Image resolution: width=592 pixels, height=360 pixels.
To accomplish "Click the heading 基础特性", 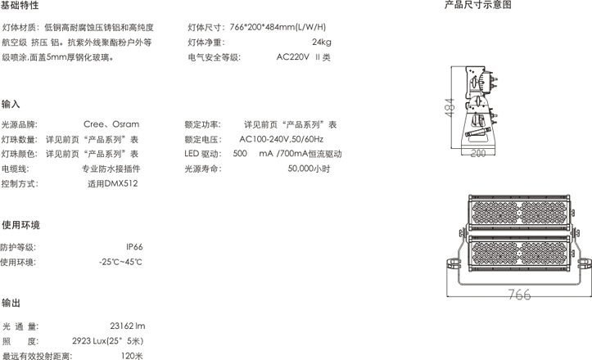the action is click(20, 5).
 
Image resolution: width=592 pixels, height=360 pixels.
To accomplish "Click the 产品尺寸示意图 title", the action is click(477, 5).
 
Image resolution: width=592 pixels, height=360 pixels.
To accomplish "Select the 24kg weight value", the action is click(322, 42).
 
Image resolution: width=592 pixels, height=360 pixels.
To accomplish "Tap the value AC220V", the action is click(292, 57).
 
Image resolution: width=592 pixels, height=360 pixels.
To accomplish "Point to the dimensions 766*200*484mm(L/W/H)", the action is click(278, 27).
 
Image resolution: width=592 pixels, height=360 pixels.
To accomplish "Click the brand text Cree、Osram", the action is click(111, 124).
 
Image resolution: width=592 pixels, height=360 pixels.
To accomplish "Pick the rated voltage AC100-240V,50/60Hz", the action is click(282, 139).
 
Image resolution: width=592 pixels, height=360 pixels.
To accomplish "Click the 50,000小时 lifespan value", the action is click(309, 169).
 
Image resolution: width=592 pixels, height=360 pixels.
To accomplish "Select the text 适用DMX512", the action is click(113, 184).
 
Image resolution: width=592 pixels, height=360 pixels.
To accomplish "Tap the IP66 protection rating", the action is click(134, 247).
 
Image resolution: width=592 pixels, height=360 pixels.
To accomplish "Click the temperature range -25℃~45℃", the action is click(121, 262).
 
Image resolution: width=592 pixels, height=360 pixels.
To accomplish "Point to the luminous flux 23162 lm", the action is click(128, 326).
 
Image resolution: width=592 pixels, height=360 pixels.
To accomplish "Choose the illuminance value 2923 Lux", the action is click(89, 341).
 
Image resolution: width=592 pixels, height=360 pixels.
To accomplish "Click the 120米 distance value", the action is click(132, 356).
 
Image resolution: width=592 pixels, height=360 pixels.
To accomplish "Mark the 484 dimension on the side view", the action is click(450, 107).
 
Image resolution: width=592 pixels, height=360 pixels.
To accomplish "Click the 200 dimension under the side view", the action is click(478, 153).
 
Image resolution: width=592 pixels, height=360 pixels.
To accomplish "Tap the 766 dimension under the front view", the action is click(519, 295).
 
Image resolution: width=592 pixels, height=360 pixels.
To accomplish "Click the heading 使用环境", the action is click(20, 225).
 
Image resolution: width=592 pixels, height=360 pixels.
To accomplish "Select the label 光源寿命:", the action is click(203, 169).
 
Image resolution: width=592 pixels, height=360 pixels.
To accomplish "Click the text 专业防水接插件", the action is click(111, 169).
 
